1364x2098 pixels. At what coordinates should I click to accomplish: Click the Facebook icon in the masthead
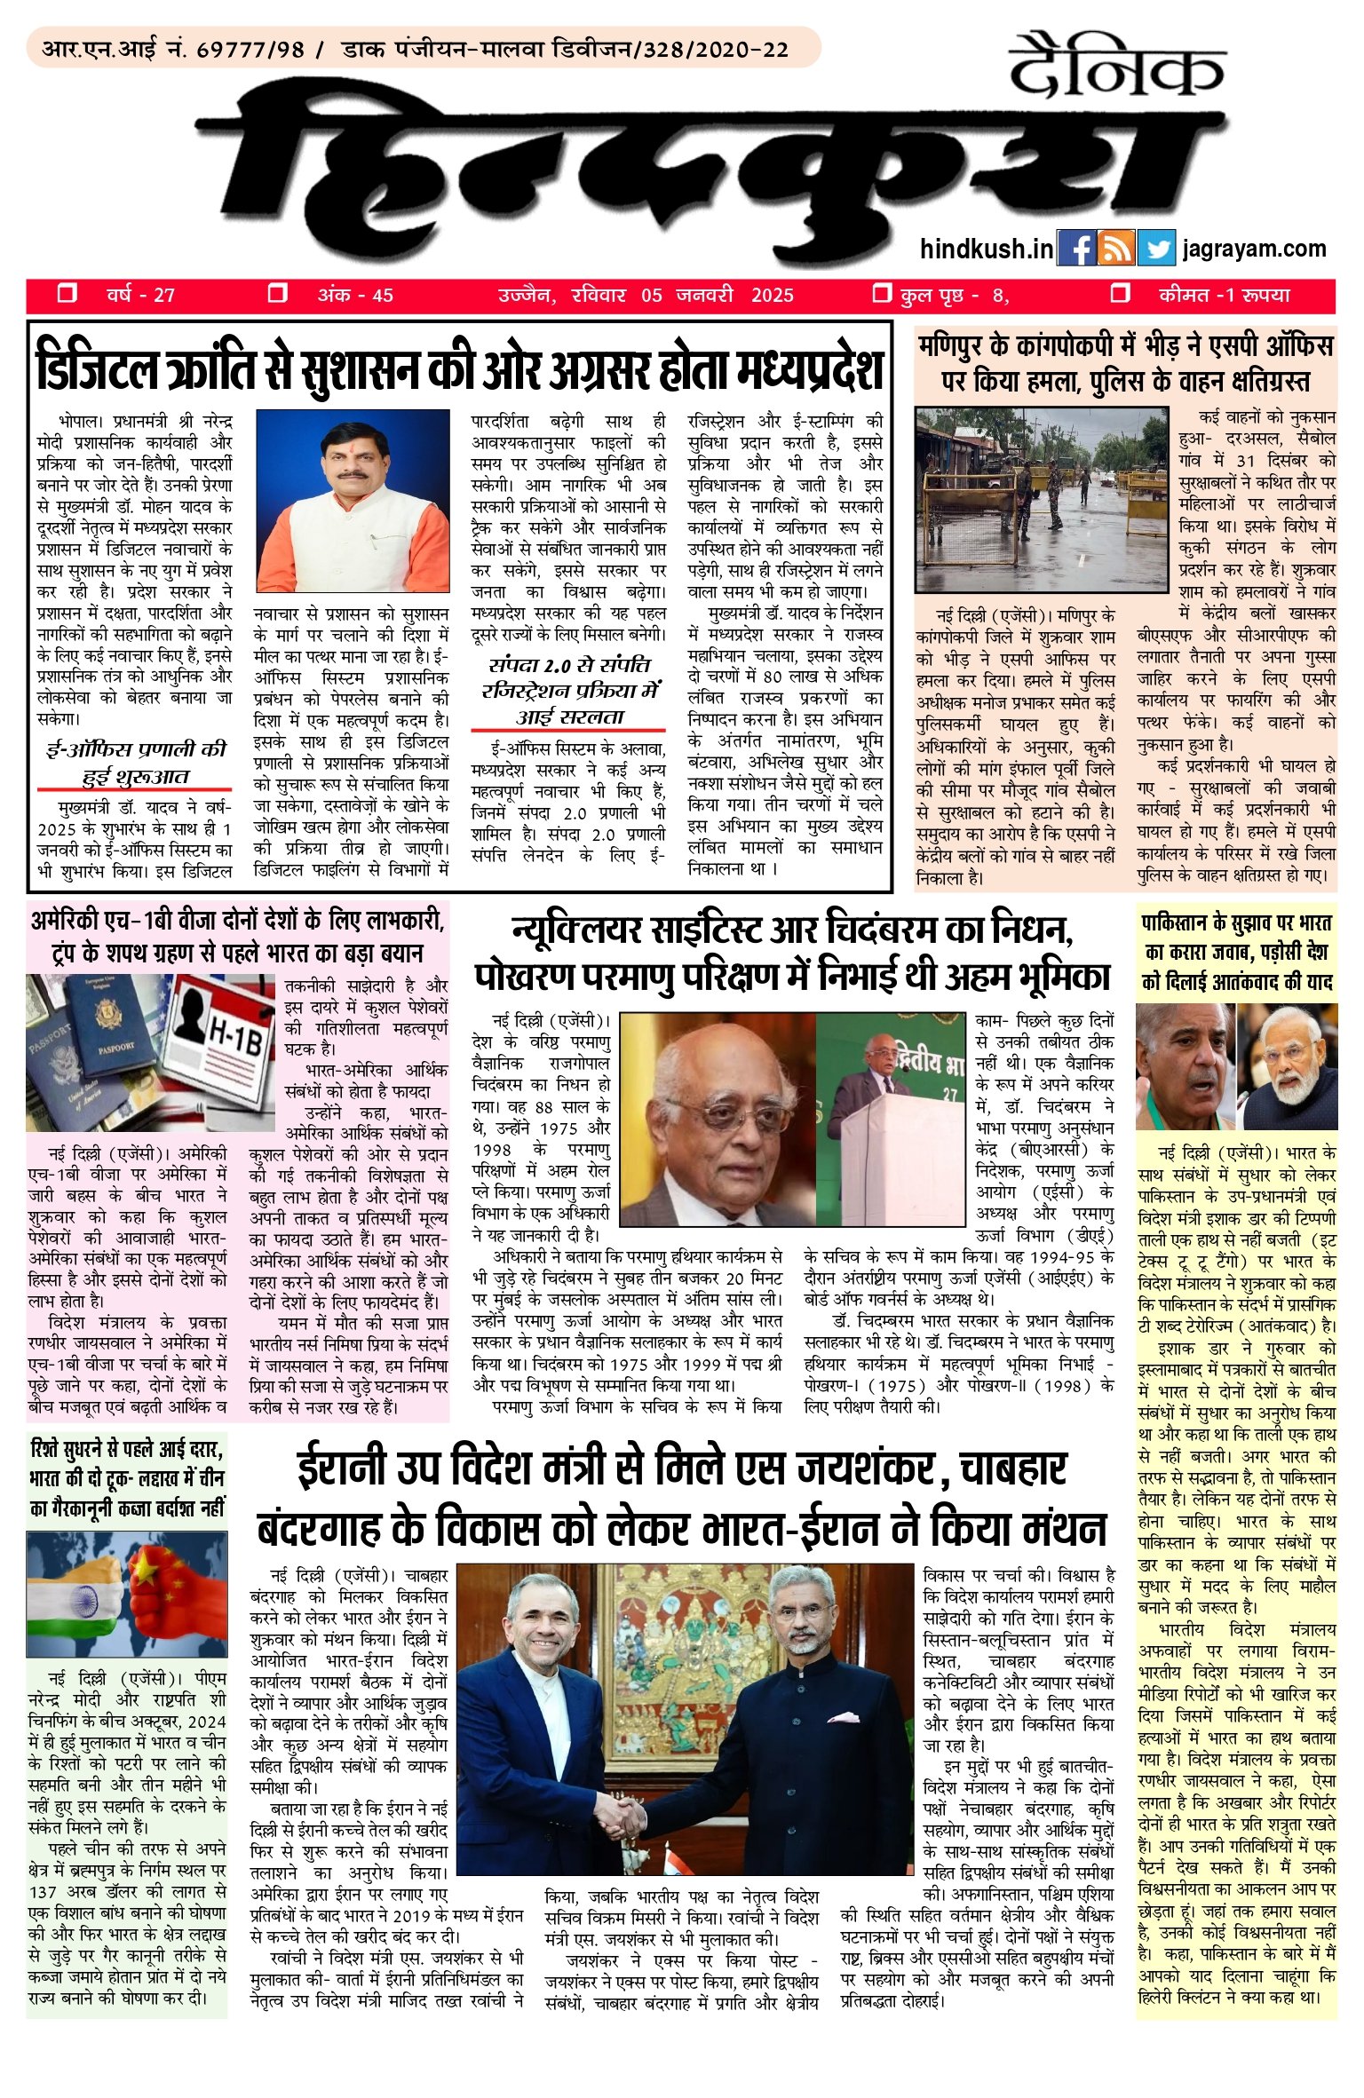pyautogui.click(x=1077, y=249)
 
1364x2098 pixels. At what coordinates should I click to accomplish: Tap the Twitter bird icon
pyautogui.click(x=1155, y=249)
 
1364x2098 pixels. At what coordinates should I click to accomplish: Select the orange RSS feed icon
pyautogui.click(x=1116, y=249)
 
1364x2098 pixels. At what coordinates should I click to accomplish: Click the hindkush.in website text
pyautogui.click(x=987, y=249)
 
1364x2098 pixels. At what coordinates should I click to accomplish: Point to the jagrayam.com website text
pyautogui.click(x=1254, y=249)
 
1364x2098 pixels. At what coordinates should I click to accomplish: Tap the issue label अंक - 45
pyautogui.click(x=354, y=295)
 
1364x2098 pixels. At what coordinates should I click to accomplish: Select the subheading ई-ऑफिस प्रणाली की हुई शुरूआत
pyautogui.click(x=135, y=762)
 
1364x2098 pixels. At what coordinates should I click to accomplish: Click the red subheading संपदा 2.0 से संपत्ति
pyautogui.click(x=568, y=666)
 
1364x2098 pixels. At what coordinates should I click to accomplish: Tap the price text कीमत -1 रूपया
pyautogui.click(x=1224, y=295)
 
